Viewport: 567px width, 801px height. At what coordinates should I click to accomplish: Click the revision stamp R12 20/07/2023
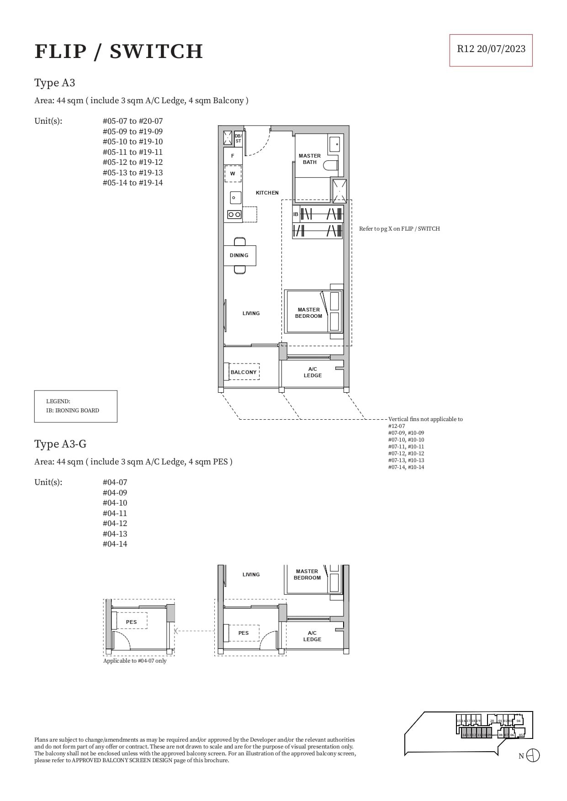click(491, 49)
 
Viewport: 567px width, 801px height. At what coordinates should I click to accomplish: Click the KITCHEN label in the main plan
click(267, 193)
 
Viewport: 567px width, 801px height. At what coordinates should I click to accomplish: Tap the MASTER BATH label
click(309, 159)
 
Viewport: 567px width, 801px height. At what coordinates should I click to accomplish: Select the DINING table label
click(239, 255)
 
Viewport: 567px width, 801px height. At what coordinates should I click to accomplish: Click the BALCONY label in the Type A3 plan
click(244, 372)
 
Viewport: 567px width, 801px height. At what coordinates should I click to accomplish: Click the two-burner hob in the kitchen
click(234, 215)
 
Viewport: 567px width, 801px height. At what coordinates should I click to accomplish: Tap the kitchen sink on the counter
click(235, 198)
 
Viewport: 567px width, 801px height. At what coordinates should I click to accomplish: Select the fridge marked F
click(233, 156)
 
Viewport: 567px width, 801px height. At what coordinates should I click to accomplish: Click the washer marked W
click(233, 174)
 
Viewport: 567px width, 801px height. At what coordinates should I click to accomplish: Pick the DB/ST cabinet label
click(238, 138)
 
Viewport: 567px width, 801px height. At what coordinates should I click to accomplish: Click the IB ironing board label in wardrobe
click(296, 214)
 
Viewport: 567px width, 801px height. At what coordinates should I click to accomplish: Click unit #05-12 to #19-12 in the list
click(132, 162)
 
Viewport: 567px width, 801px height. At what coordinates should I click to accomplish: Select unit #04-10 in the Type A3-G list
click(115, 503)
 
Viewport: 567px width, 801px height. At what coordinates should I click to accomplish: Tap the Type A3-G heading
click(60, 444)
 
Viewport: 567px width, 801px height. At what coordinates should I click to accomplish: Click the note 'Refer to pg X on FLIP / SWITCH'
click(399, 229)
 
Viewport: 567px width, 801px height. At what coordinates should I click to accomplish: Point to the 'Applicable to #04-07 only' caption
click(135, 661)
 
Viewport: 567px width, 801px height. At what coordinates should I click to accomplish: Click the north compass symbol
click(533, 755)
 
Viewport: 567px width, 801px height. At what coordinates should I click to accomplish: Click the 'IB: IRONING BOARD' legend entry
click(73, 410)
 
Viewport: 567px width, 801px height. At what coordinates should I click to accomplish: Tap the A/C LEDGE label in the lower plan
click(312, 636)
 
